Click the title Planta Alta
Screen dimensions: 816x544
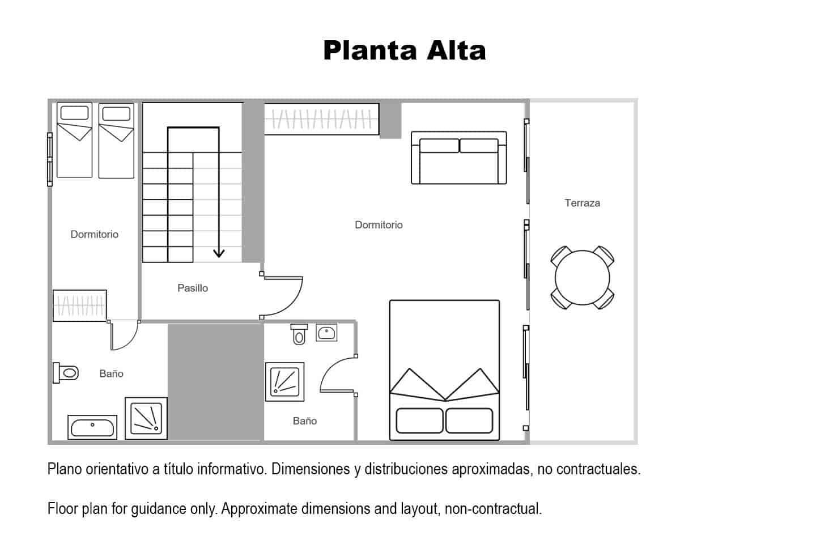(x=405, y=50)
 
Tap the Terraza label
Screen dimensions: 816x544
(x=582, y=203)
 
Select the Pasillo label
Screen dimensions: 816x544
(x=193, y=288)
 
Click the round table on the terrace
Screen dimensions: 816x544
(x=582, y=278)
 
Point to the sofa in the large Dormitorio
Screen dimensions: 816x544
(x=458, y=158)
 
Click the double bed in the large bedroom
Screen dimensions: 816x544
(x=444, y=370)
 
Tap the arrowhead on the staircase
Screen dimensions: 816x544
(x=219, y=253)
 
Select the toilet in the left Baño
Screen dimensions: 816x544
(x=66, y=373)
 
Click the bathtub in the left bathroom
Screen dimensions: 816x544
(x=92, y=427)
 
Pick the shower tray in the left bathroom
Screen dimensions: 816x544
(x=146, y=418)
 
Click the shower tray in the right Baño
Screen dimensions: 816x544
(x=284, y=382)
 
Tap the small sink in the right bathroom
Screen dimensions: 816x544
(x=326, y=332)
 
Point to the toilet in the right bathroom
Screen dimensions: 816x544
(x=299, y=334)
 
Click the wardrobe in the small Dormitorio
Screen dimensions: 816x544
(x=80, y=305)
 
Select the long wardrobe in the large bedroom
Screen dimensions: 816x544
(x=322, y=119)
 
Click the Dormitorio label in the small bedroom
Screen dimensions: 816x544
(x=94, y=234)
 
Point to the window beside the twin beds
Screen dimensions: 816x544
(x=50, y=159)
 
